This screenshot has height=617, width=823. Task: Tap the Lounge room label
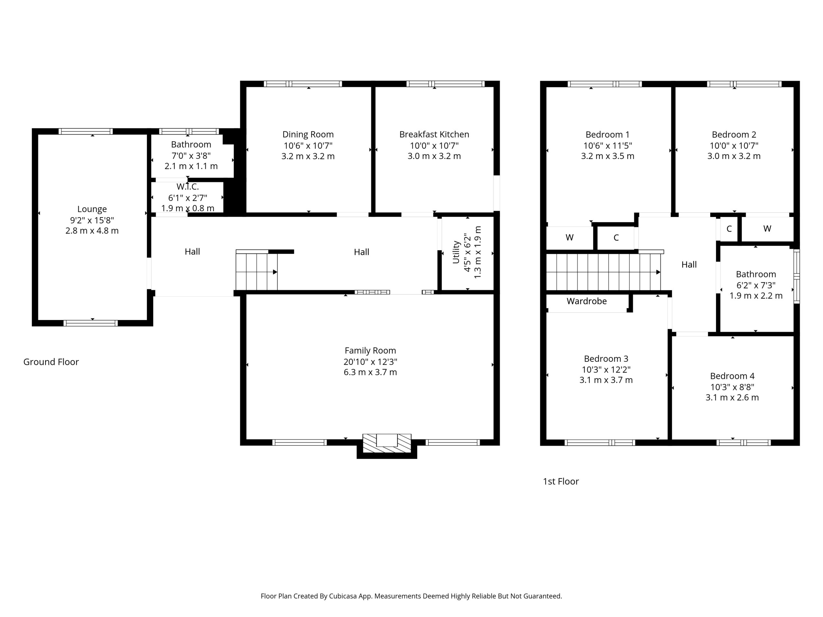click(x=92, y=209)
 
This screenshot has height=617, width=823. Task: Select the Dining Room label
click(x=308, y=134)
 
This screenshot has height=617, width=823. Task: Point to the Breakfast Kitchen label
click(x=434, y=134)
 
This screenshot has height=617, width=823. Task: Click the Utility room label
click(x=456, y=252)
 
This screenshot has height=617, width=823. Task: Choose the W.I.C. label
click(x=187, y=187)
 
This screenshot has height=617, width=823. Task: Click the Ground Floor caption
click(x=51, y=362)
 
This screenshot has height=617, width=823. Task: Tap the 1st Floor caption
click(x=561, y=481)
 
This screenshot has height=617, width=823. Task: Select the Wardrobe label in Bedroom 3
click(x=587, y=301)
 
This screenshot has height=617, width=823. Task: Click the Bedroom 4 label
click(x=732, y=376)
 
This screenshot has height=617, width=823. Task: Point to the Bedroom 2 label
click(x=734, y=135)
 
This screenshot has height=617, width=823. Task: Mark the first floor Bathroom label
click(x=756, y=274)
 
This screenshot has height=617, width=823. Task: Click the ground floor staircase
click(x=257, y=271)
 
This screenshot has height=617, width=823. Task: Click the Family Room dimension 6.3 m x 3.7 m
click(x=370, y=372)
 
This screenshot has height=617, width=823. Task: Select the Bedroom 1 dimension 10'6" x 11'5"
click(x=608, y=146)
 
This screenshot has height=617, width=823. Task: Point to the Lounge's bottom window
click(x=90, y=323)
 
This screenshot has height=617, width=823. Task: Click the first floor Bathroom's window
click(x=797, y=276)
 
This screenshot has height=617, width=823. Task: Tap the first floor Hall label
click(x=689, y=264)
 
